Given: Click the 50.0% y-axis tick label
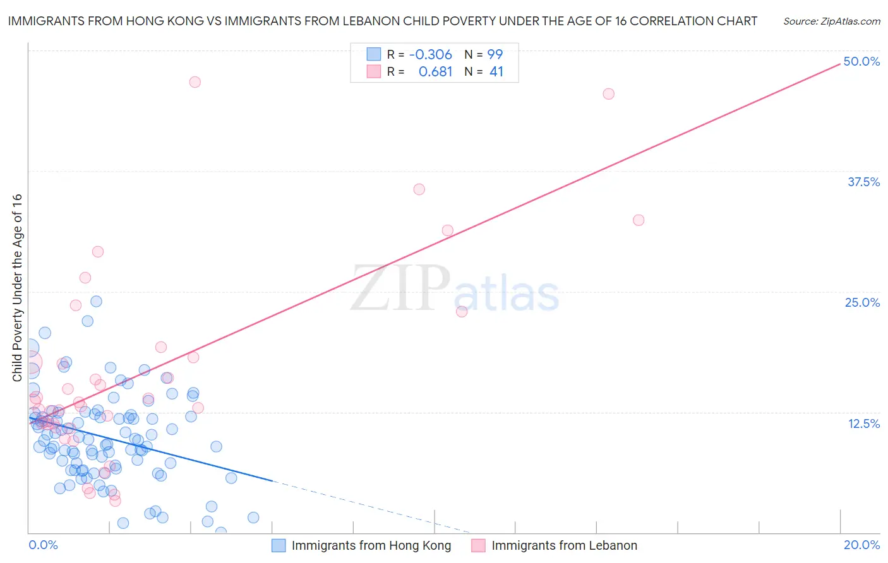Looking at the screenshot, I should click(x=861, y=61).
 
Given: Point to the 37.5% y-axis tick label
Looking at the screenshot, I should click(x=863, y=182).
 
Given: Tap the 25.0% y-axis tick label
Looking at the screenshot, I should click(x=862, y=302).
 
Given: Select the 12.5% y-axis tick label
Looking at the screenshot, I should click(x=863, y=424).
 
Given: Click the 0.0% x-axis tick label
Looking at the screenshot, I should click(x=43, y=545).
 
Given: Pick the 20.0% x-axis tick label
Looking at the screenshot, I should click(x=861, y=545).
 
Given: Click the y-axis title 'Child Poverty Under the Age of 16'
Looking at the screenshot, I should click(x=17, y=287).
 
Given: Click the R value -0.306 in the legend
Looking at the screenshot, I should click(x=431, y=54).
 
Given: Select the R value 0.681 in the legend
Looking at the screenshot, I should click(x=435, y=72).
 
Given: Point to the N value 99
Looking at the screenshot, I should click(x=495, y=54).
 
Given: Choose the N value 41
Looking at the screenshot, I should click(x=496, y=72).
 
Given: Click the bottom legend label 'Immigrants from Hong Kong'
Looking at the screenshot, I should click(x=371, y=545).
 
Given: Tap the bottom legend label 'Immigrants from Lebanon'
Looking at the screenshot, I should click(x=564, y=545).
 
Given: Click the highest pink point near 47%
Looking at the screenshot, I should click(x=195, y=82).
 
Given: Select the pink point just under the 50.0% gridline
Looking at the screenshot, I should click(x=609, y=94).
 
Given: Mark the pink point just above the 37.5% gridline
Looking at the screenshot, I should click(x=419, y=189).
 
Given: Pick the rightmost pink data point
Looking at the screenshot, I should click(x=639, y=220).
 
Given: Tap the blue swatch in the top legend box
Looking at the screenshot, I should click(x=374, y=54).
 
